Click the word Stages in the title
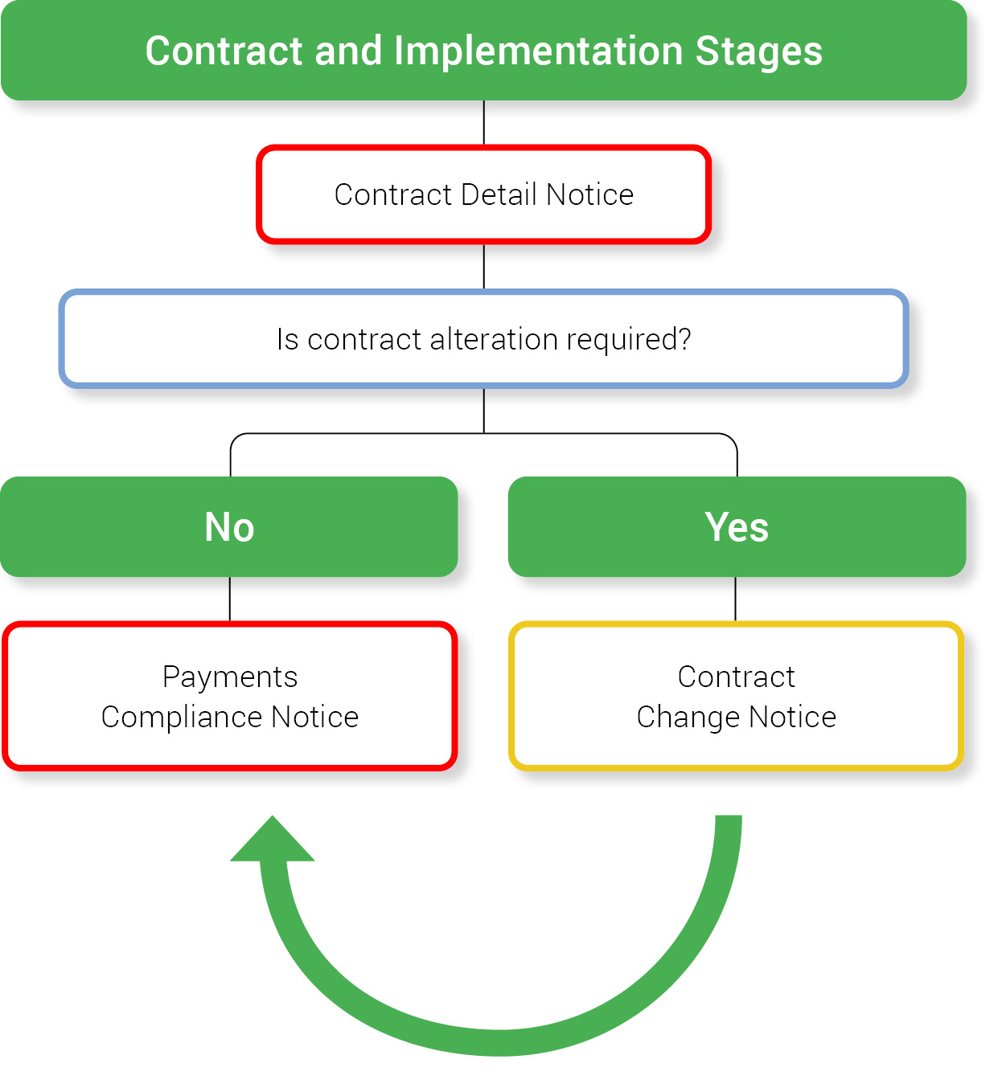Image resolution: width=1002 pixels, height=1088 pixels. tap(758, 51)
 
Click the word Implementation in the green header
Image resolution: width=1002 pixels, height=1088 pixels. tap(538, 51)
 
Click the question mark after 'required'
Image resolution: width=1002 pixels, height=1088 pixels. tap(684, 339)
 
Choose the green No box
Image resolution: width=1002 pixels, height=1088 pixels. tap(229, 527)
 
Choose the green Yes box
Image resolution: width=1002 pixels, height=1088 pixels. tap(737, 527)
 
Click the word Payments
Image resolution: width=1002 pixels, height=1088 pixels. tap(230, 677)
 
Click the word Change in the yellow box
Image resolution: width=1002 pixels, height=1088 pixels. tap(688, 717)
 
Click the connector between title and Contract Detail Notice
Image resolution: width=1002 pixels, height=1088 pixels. tap(483, 122)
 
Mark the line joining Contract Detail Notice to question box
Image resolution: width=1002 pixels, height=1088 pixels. tap(483, 266)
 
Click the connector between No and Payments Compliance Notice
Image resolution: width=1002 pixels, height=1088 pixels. tap(230, 599)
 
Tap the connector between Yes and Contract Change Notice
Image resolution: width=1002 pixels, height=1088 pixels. tap(735, 599)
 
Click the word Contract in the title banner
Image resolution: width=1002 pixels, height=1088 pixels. tap(224, 51)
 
